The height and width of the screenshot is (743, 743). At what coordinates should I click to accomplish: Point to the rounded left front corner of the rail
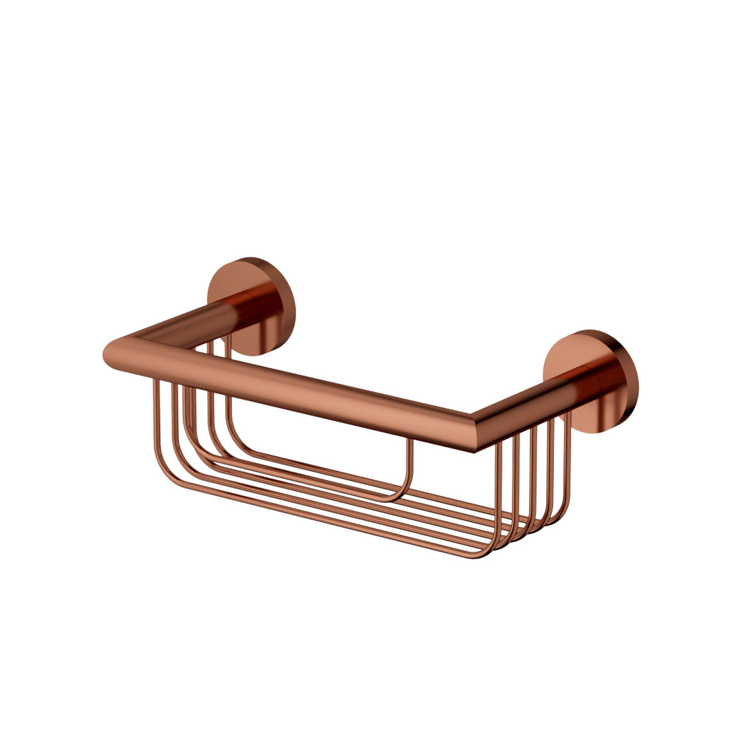pos(116,354)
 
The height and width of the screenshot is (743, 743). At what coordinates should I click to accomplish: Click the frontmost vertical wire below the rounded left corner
pos(155,420)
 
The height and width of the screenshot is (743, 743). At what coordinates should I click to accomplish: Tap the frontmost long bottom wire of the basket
pos(323,521)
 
